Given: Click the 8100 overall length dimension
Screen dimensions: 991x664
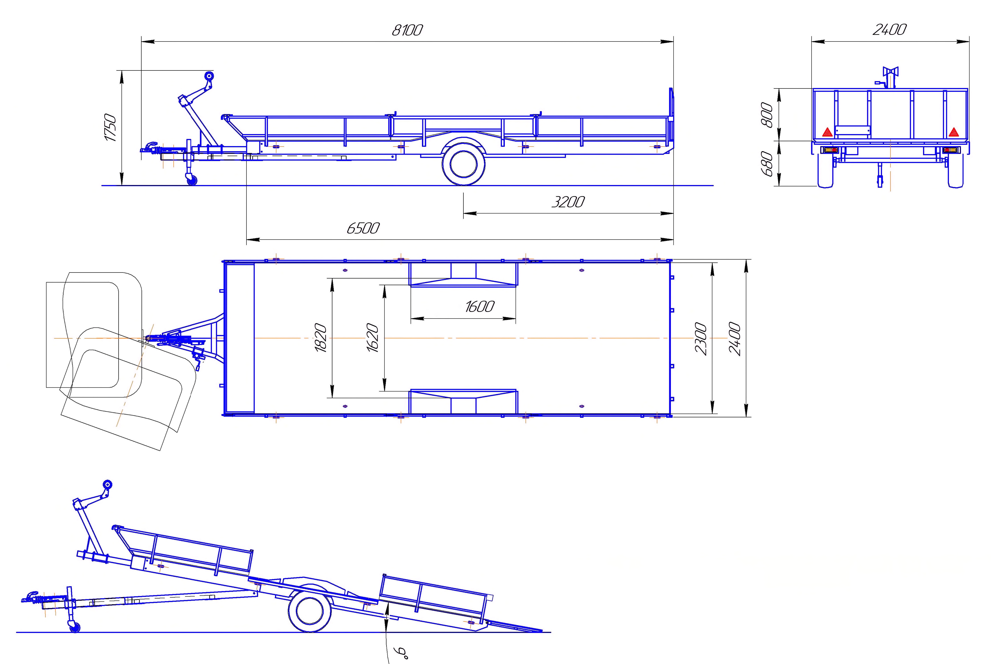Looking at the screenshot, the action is [x=407, y=30].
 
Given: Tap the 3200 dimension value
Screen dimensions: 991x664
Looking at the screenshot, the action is [x=568, y=202].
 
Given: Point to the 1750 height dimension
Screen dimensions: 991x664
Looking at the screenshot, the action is [x=110, y=127].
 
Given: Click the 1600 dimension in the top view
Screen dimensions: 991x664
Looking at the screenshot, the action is [x=480, y=307].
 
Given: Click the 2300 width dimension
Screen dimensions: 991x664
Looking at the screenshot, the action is [x=701, y=338].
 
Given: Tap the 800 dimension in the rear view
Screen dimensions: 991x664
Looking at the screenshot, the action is [x=767, y=114].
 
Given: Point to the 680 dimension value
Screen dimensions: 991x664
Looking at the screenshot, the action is [x=767, y=163].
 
